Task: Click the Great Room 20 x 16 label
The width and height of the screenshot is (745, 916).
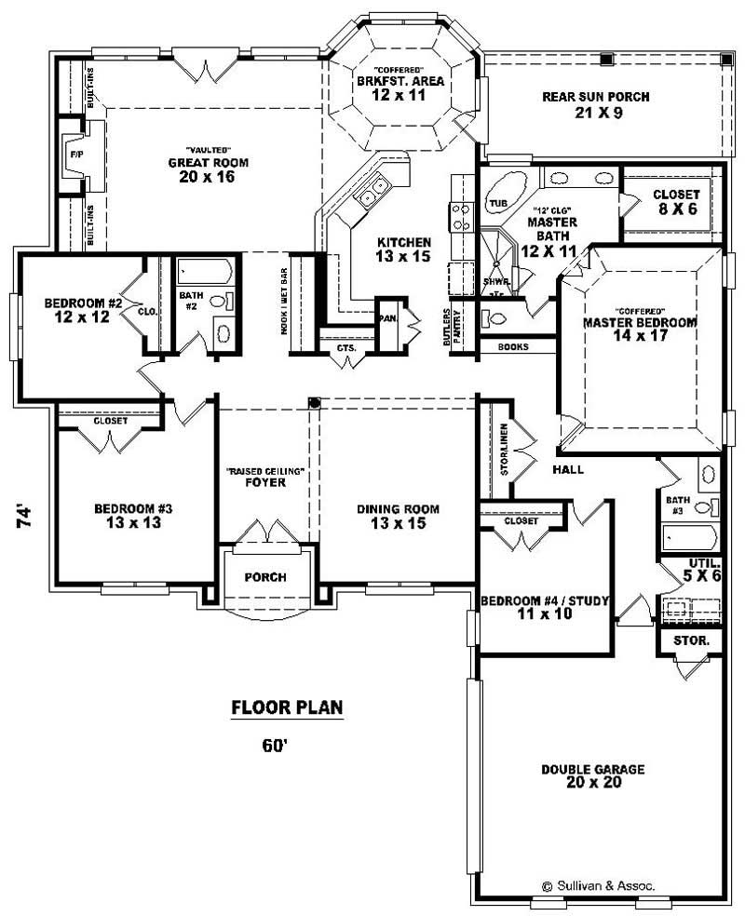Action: (x=208, y=169)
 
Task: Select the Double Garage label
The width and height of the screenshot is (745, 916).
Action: (x=592, y=775)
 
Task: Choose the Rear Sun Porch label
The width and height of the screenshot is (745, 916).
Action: (x=596, y=104)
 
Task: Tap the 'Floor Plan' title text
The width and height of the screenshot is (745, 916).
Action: (x=287, y=708)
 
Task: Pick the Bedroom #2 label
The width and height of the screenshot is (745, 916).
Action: (x=84, y=310)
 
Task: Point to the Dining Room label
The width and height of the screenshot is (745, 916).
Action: (x=398, y=516)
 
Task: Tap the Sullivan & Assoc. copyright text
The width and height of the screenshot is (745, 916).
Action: (x=598, y=886)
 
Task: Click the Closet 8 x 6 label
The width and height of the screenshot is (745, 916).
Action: (x=676, y=201)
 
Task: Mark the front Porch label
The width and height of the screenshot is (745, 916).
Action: (x=265, y=577)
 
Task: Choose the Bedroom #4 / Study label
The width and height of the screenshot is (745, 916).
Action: (x=544, y=607)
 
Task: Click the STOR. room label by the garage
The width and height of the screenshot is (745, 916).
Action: (x=690, y=641)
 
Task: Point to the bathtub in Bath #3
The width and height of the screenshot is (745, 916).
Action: (x=689, y=537)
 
